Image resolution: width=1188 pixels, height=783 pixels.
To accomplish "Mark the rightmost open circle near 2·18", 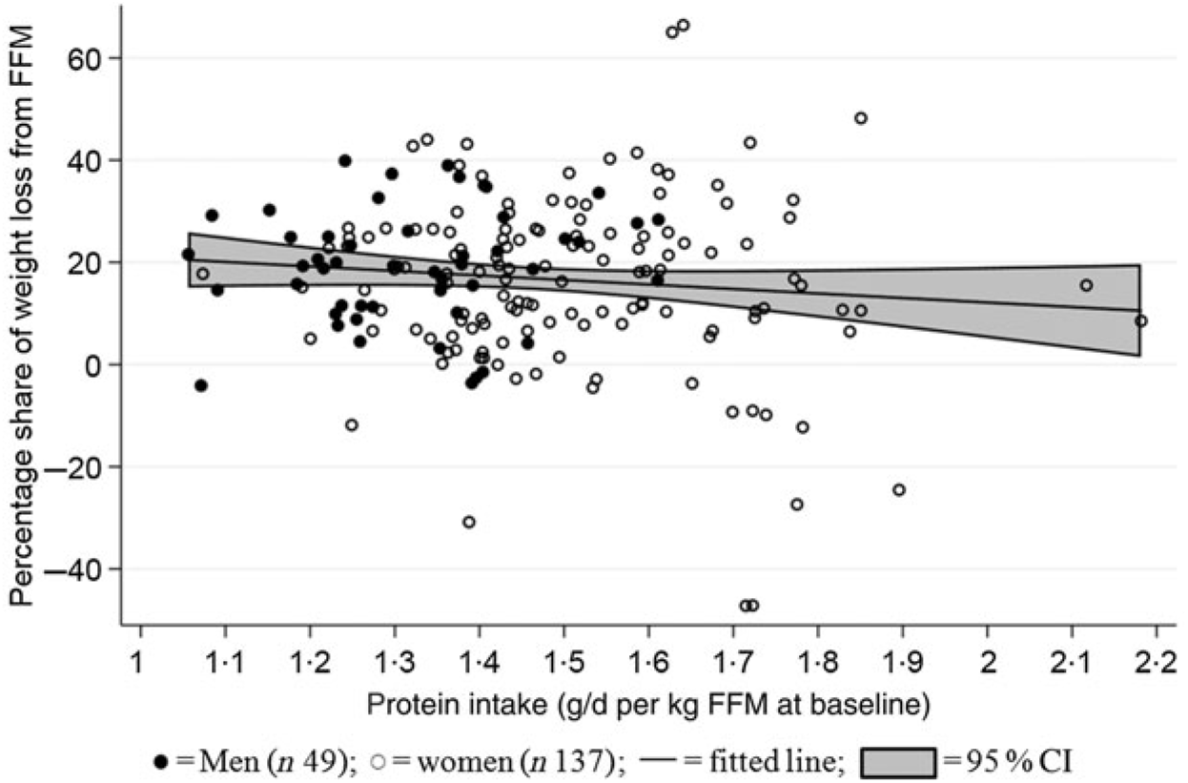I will [1140, 321].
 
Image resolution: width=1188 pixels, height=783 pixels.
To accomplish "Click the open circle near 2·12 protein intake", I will [1086, 285].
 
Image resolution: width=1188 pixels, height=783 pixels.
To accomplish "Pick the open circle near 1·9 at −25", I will [898, 490].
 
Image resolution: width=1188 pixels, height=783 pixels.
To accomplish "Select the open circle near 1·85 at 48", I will [860, 118].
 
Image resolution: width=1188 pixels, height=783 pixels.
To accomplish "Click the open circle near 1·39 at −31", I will [468, 522].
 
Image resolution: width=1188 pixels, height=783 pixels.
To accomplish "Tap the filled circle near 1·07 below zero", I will [200, 385].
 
